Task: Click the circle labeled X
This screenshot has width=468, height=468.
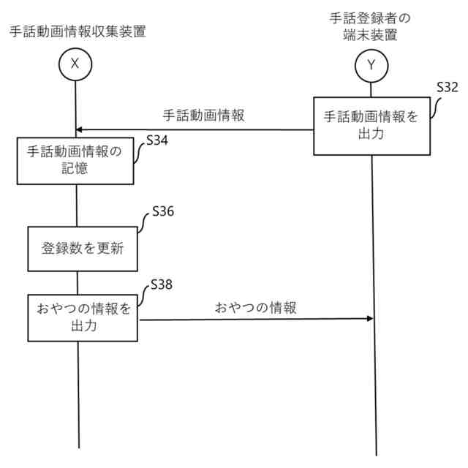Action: [75, 64]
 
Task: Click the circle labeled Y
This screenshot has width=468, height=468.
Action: [371, 65]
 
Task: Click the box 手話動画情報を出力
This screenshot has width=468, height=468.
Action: [371, 125]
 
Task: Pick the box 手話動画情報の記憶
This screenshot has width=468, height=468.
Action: [75, 161]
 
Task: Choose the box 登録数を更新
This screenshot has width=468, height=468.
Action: [82, 248]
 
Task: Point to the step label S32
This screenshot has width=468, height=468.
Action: [446, 88]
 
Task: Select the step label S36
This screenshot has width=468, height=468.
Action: [164, 212]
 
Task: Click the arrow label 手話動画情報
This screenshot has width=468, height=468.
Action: [203, 115]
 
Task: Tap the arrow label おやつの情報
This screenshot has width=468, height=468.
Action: [256, 308]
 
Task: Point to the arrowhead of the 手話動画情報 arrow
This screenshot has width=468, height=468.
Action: [80, 130]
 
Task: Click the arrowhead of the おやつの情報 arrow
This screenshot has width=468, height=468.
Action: [369, 318]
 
